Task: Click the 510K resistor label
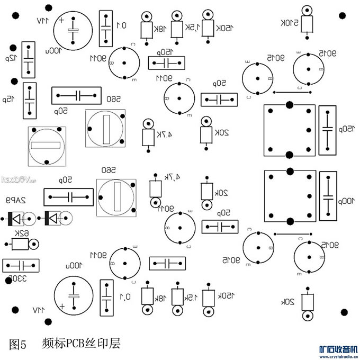coord(289,23)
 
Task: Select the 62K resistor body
coord(20,244)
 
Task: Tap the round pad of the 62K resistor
coord(34,244)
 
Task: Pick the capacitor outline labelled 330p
coord(21,265)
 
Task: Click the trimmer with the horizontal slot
coord(47,145)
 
